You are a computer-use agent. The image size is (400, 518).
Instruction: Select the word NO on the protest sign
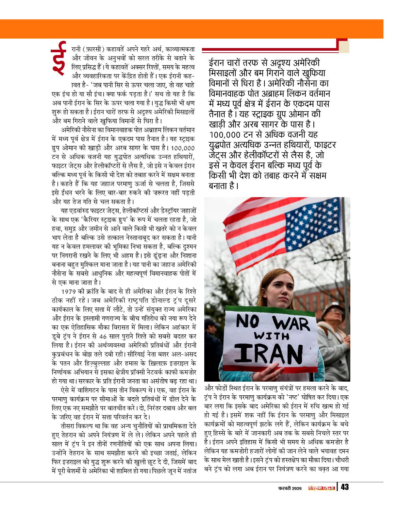coord(250,323)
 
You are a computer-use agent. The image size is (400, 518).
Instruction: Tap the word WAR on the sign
coord(291,324)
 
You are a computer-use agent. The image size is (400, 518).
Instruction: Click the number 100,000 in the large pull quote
coord(225,134)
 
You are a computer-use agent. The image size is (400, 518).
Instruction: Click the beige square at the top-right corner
coord(344,47)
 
